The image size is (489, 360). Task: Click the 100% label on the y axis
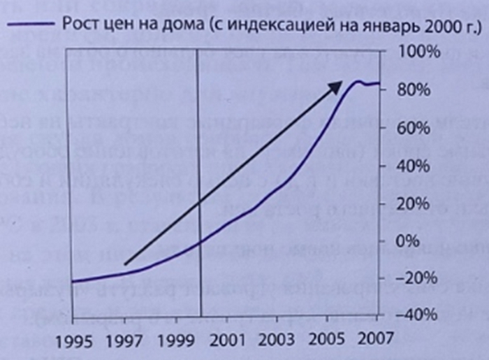[418, 53]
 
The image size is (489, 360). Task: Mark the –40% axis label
[415, 315]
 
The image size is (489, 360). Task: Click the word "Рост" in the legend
[79, 27]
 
